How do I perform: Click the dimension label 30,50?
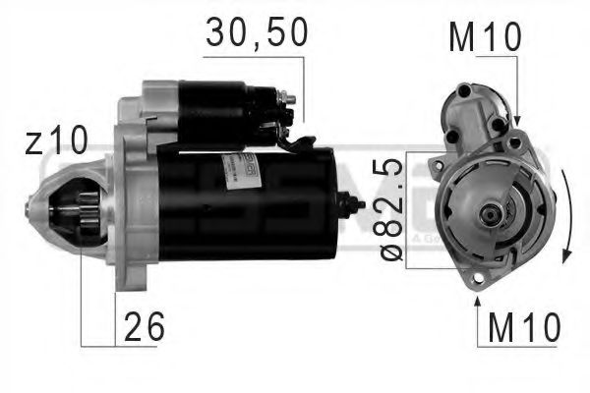(x=257, y=32)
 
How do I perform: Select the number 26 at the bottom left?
(x=143, y=328)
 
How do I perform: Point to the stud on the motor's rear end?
(x=354, y=205)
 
